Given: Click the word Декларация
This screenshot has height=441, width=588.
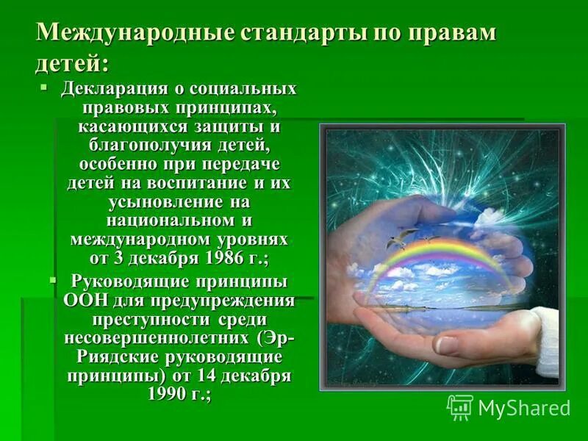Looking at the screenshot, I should tap(118, 90).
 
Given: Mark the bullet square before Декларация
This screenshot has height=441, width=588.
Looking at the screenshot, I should tap(45, 87).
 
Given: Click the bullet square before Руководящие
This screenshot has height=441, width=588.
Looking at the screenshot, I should tap(53, 280).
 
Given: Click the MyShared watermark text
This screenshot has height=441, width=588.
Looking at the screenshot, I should tap(523, 407).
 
